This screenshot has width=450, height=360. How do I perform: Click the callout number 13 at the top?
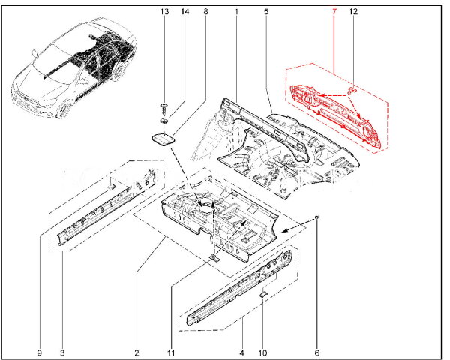tap(164, 12)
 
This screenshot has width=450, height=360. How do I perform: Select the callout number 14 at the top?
tap(184, 12)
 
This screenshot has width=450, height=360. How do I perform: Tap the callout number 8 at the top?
tap(205, 12)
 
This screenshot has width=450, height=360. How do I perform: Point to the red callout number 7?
tap(334, 12)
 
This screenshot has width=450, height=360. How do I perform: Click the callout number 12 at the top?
tap(353, 12)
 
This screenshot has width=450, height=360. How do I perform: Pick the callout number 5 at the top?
tap(266, 12)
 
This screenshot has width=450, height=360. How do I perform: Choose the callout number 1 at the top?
tap(236, 12)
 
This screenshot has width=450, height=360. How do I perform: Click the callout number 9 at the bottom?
tap(40, 352)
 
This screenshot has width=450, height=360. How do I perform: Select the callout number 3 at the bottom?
tap(62, 352)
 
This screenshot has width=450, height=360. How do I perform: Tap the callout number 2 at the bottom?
tap(136, 352)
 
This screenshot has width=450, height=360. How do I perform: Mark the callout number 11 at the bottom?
tap(171, 352)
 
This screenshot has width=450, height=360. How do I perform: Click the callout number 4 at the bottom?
tap(241, 352)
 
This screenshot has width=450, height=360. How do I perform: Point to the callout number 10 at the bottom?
tap(262, 352)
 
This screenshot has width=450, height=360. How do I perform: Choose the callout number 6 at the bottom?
tap(316, 352)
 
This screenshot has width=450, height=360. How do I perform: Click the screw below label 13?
tap(164, 109)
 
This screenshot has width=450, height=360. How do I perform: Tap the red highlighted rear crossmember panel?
tap(335, 115)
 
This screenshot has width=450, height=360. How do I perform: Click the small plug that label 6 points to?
tap(316, 217)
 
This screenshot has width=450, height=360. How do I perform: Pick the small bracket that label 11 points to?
tap(214, 258)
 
